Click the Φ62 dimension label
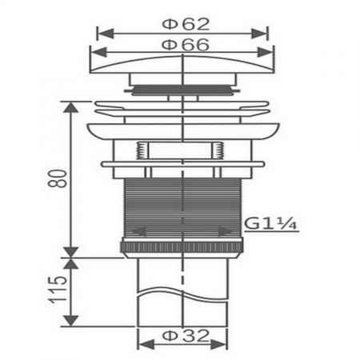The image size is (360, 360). pos(186,24)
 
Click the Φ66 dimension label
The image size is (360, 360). pos(186,45)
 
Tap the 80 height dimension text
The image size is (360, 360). pos(58,178)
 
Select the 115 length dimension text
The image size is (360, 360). pos(58,290)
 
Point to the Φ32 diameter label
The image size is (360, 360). pos(186,335)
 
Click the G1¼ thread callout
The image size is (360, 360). pos(270,223)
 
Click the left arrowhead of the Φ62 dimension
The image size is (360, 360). pos(105,34)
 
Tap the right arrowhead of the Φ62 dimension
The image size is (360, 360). pos(259,34)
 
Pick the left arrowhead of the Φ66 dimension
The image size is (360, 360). pos(98,52)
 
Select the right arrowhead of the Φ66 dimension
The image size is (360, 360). pos(266,52)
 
